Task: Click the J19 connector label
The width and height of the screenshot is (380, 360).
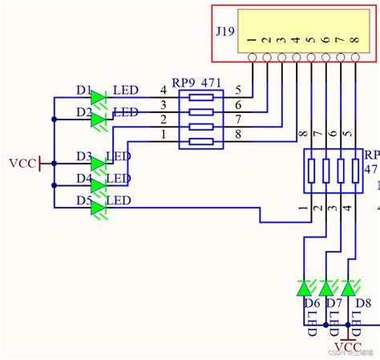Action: point(224,32)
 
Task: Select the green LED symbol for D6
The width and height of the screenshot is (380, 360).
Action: point(305,287)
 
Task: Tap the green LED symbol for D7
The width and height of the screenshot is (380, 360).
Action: point(326,287)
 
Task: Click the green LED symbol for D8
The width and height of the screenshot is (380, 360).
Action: point(348,287)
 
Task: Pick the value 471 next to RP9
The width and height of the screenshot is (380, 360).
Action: point(211,84)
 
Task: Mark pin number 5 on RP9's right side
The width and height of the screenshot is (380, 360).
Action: point(238,89)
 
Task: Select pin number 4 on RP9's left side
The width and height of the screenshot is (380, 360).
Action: point(164,89)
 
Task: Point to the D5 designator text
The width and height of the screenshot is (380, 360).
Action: point(84,200)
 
